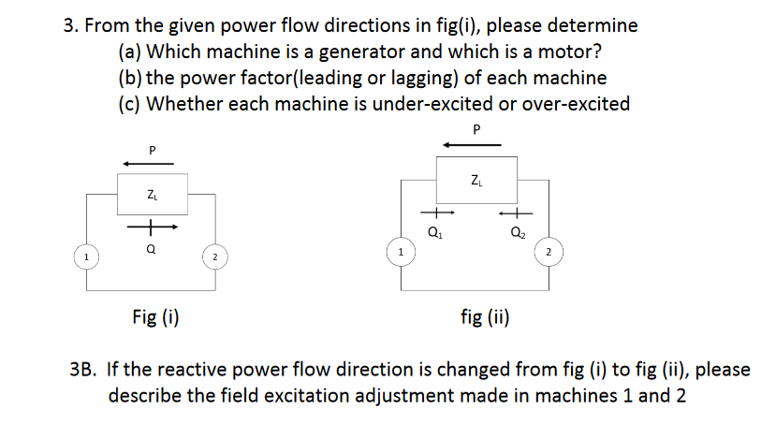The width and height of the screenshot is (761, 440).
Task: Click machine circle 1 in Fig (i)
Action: coord(86,255)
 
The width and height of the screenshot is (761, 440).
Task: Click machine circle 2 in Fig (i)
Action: coord(214,255)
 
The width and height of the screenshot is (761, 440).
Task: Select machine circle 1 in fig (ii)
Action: coord(401,251)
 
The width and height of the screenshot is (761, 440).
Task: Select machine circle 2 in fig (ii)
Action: coord(549,251)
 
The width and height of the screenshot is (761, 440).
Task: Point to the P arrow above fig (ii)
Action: coord(473,144)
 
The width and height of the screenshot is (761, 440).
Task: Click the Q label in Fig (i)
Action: coord(151,250)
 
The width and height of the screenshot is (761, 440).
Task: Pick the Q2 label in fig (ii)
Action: coord(516,233)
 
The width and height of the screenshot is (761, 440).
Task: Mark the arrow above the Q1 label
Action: coord(433,214)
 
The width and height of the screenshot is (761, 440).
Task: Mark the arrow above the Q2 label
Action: coord(516,214)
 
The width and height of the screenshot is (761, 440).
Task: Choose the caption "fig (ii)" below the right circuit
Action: coord(485,316)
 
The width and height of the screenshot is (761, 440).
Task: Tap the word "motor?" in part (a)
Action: coord(563,51)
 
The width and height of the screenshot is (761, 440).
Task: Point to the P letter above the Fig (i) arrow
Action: coord(151,149)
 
